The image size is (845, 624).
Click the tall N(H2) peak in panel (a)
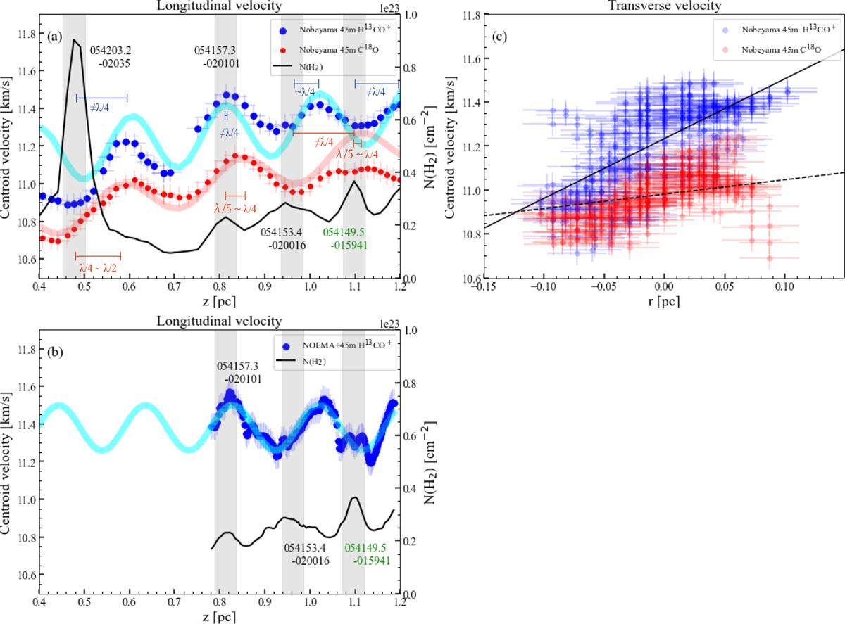click(x=74, y=41)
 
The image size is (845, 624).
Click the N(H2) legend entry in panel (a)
click(x=325, y=67)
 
